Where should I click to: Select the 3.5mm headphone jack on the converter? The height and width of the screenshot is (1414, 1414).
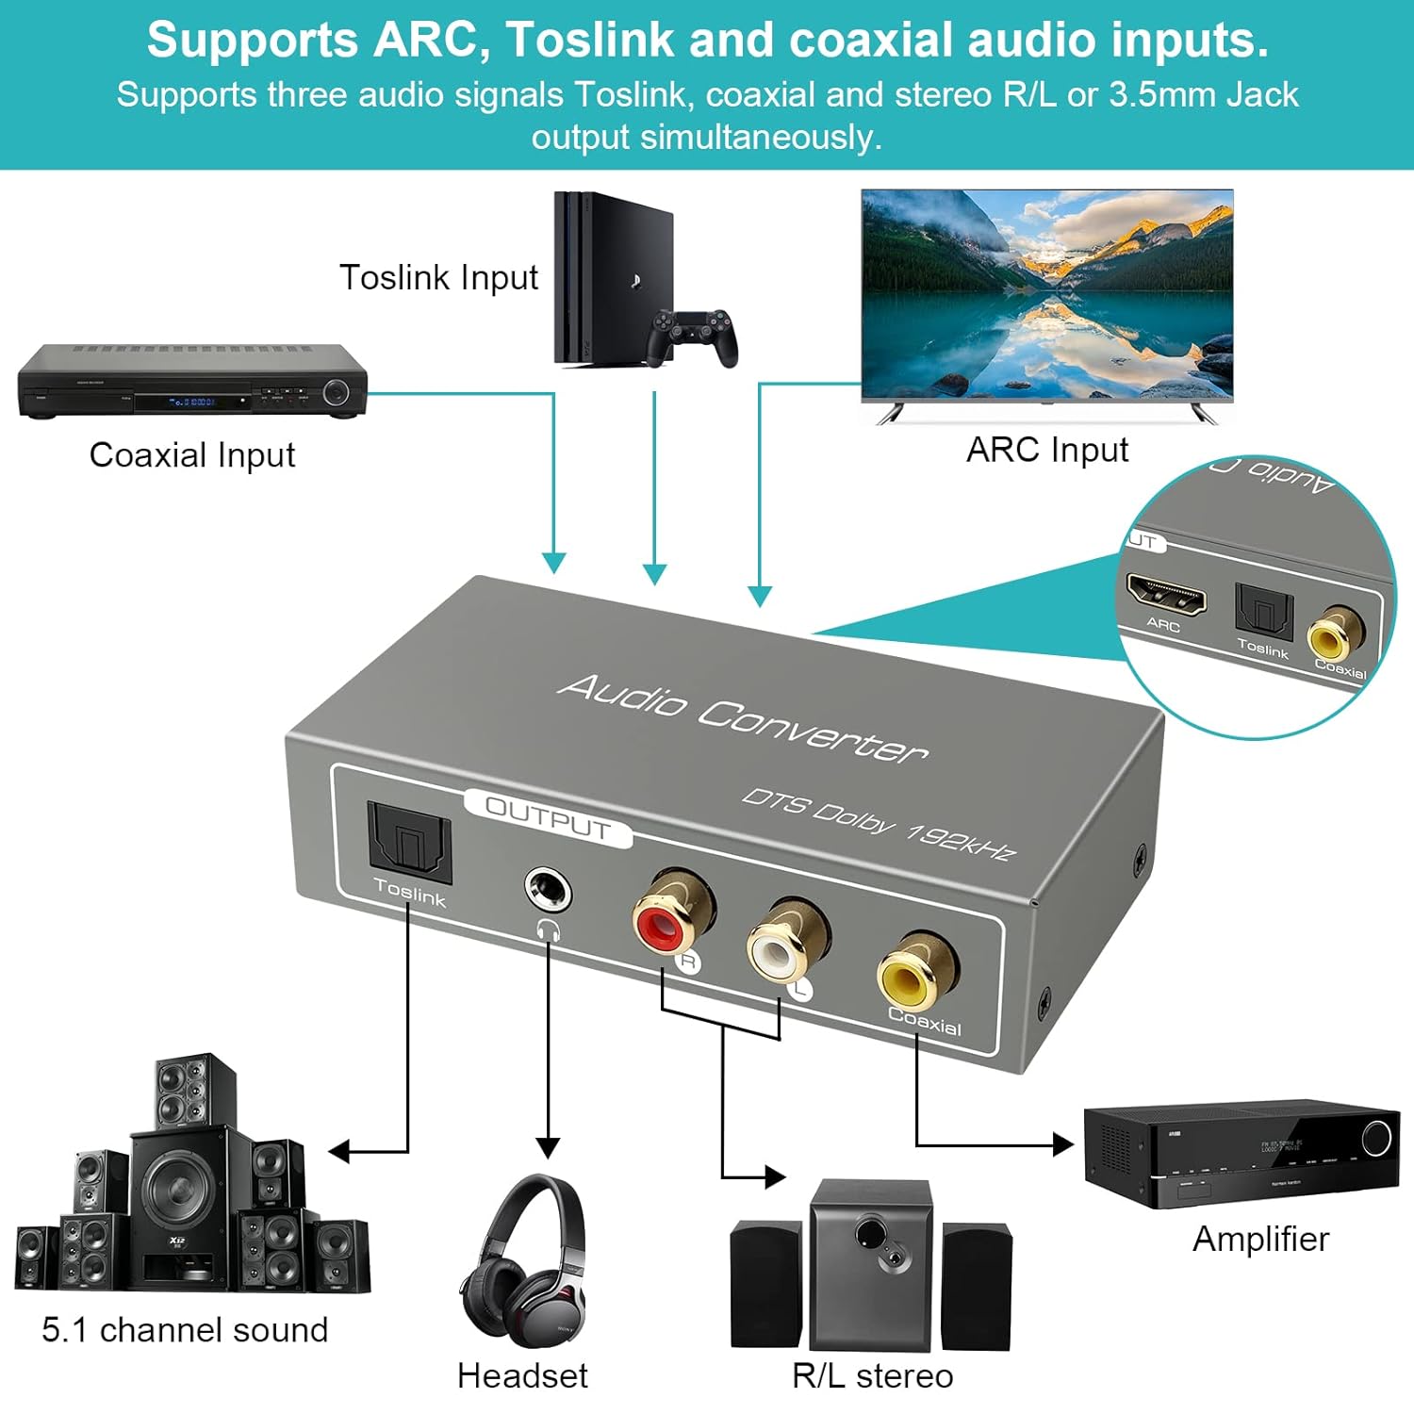point(547,890)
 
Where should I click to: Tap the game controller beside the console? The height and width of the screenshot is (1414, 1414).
point(693,335)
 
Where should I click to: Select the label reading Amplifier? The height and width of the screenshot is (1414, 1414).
point(1260,1239)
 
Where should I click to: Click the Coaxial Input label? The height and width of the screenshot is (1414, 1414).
point(192,455)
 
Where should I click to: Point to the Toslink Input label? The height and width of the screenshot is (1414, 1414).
point(438,278)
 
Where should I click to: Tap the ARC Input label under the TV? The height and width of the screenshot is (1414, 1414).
point(1047,451)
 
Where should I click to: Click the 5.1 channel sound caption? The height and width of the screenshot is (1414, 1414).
point(185,1330)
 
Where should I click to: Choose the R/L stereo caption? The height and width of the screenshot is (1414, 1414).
point(872,1376)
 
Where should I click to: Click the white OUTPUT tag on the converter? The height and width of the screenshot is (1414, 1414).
point(548,817)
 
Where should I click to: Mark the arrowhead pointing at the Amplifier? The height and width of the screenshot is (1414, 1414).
point(1063,1144)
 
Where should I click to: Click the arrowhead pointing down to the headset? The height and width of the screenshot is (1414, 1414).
point(548,1147)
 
